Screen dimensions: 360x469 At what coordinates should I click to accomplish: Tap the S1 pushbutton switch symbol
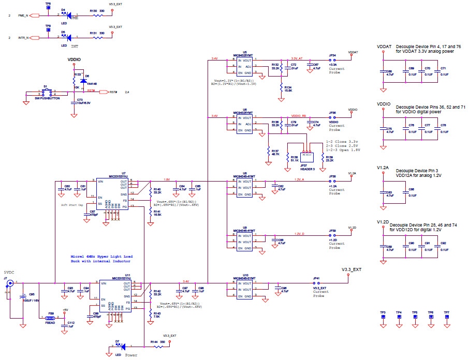click(46, 93)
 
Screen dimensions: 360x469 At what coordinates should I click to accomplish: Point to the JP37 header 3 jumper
click(307, 155)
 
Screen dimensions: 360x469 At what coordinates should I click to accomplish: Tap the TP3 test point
click(383, 317)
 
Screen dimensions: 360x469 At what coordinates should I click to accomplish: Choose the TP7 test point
click(446, 317)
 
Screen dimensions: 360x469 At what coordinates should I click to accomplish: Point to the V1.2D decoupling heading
click(383, 222)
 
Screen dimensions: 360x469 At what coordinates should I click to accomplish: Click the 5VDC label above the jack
click(10, 273)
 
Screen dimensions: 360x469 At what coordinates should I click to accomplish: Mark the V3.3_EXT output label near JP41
click(351, 269)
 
